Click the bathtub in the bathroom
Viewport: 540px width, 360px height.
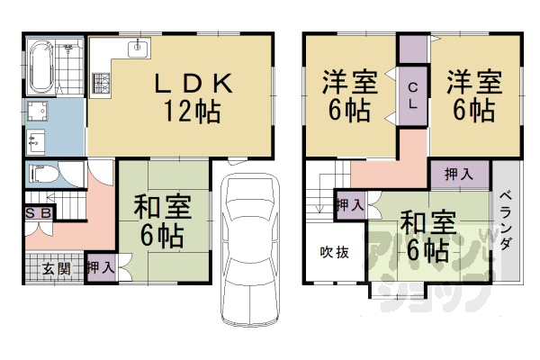(40, 67)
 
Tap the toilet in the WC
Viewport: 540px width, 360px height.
(43, 174)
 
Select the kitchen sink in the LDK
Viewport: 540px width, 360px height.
(139, 48)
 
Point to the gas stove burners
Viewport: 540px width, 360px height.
(101, 84)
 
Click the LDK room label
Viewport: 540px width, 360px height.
(193, 84)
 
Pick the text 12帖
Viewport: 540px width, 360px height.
(192, 112)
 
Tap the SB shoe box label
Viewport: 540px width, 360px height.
(39, 213)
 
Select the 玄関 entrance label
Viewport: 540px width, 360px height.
(57, 269)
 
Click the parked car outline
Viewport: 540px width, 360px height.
(249, 249)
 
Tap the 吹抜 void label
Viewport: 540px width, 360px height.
(334, 253)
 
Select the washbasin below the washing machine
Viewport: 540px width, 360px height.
(36, 141)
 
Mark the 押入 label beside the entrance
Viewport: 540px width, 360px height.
(101, 267)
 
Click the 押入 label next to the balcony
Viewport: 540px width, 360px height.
(459, 175)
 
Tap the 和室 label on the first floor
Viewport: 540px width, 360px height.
(162, 206)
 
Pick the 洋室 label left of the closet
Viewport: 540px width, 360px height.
(350, 82)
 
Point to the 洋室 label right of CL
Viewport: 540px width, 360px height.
(474, 82)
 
